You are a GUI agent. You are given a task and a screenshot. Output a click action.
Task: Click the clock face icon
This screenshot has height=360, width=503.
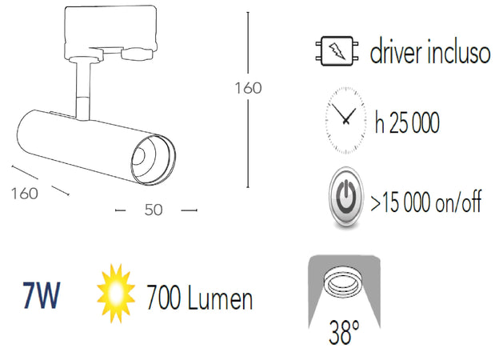(x=346, y=118)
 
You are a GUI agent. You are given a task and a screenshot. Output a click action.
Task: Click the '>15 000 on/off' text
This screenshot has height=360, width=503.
(x=426, y=202)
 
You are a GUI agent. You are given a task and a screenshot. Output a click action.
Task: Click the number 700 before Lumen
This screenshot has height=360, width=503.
(x=163, y=298)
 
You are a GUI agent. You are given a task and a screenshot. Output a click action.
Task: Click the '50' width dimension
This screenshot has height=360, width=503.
(x=154, y=210)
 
